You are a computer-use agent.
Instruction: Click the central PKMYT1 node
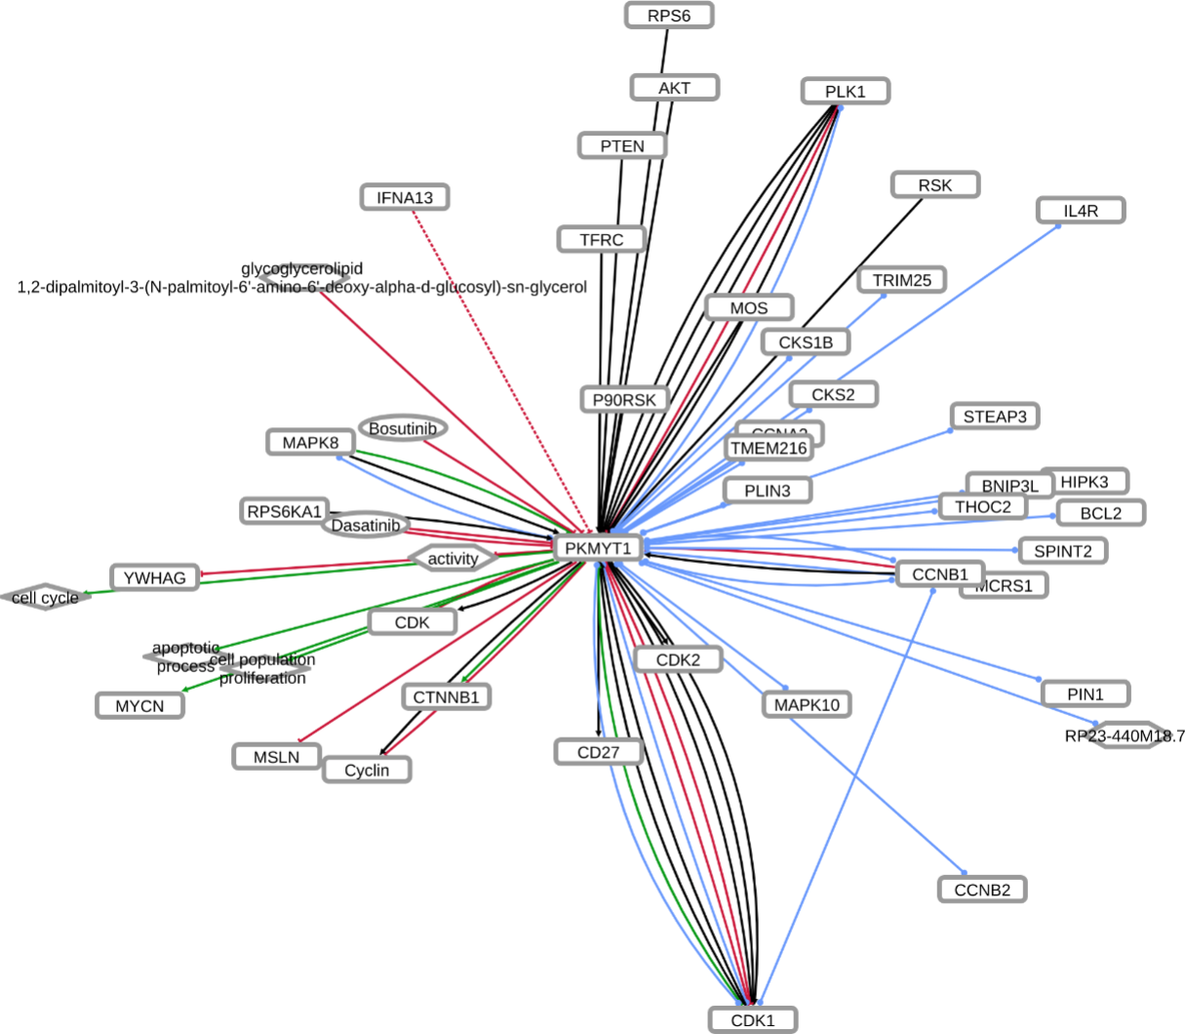click(599, 548)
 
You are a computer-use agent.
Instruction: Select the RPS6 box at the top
click(669, 15)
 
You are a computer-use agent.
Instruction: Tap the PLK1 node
click(845, 92)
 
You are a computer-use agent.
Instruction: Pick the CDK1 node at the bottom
click(753, 1020)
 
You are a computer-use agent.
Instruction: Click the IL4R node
click(1081, 211)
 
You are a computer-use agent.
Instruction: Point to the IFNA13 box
click(405, 198)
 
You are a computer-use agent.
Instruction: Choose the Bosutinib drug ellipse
click(403, 428)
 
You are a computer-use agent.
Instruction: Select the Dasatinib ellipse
click(365, 526)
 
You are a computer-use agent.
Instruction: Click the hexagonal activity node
click(453, 559)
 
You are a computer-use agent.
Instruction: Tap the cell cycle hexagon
click(46, 597)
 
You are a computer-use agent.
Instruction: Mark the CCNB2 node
click(982, 890)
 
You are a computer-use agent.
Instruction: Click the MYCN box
click(140, 705)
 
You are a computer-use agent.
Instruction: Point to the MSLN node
click(277, 756)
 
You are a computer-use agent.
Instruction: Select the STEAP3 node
click(995, 418)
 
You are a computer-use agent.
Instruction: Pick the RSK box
click(934, 185)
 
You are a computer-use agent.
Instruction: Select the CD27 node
click(599, 752)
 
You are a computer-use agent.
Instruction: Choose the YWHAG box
click(155, 578)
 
